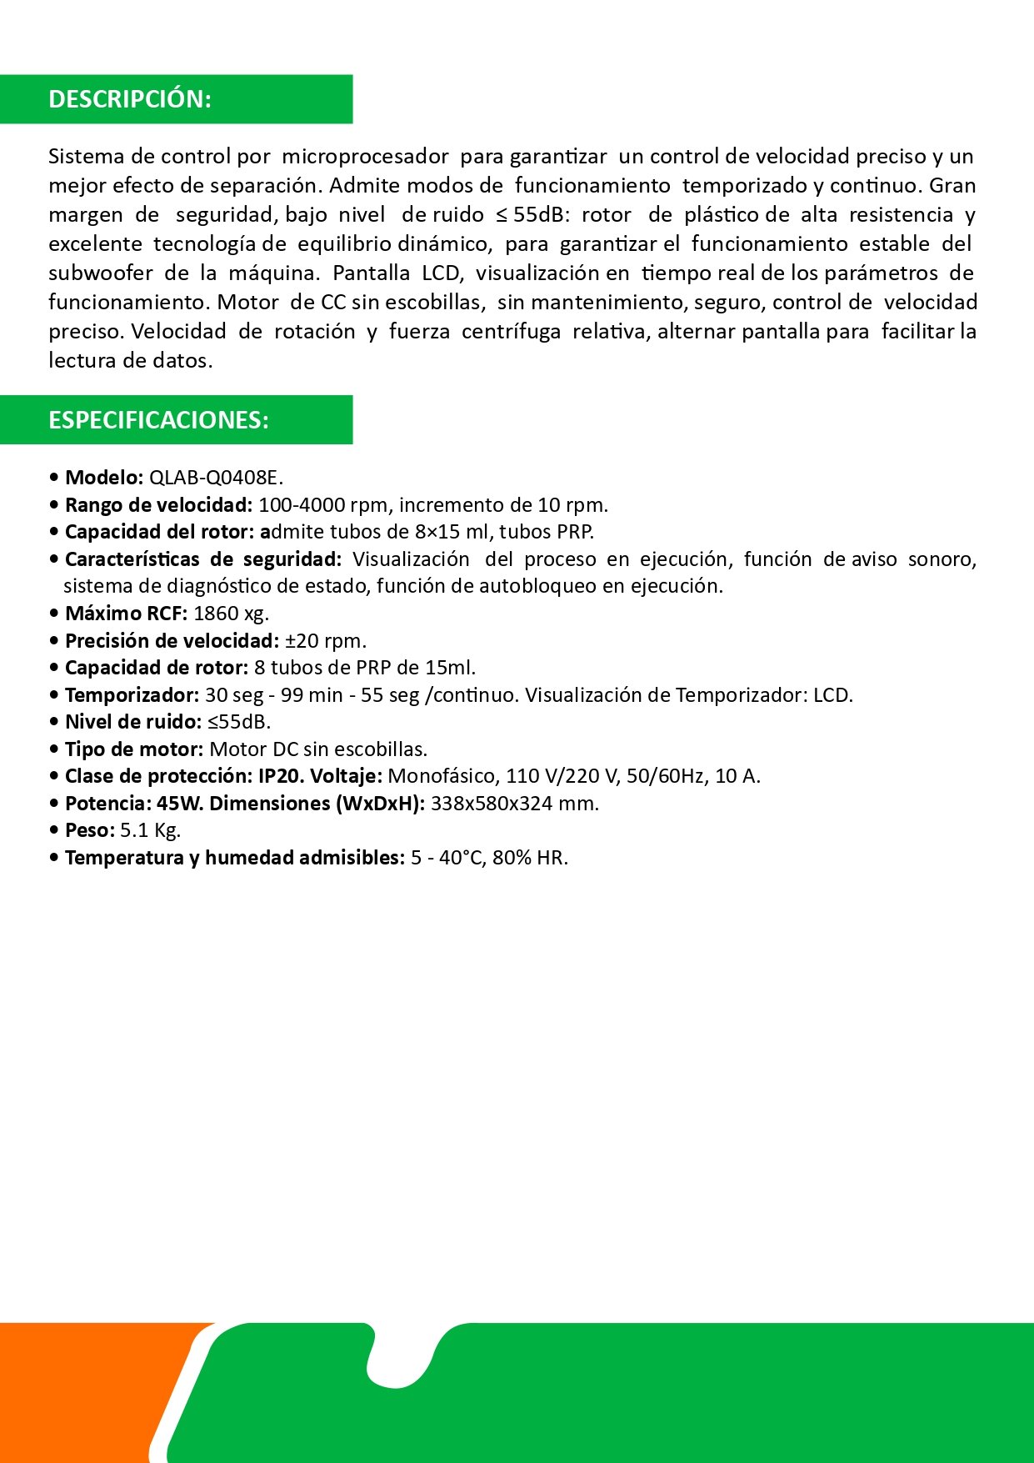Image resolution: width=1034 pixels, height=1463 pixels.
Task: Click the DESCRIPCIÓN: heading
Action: point(130,99)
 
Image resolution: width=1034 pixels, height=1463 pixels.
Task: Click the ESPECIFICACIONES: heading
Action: point(158,420)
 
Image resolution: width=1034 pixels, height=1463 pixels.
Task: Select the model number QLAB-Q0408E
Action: point(215,478)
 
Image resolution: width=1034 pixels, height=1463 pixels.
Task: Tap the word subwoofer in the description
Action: point(101,273)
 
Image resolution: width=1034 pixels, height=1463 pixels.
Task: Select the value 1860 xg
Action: point(231,614)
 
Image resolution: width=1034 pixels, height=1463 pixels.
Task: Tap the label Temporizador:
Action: point(132,695)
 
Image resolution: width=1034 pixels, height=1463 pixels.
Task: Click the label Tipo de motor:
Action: point(134,749)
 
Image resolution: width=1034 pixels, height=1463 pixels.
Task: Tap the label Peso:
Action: point(90,830)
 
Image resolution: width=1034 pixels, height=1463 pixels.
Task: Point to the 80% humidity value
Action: point(511,858)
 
